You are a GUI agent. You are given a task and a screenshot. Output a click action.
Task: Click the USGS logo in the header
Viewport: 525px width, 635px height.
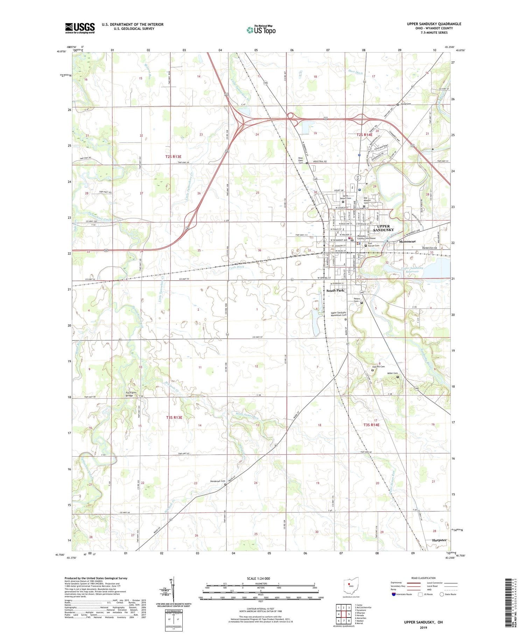(80, 28)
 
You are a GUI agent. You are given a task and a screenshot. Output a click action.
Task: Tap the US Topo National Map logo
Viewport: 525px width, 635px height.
(261, 30)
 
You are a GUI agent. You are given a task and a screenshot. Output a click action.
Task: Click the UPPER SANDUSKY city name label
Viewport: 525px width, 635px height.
(383, 228)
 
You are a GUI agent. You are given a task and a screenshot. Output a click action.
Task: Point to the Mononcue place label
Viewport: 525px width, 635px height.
(407, 242)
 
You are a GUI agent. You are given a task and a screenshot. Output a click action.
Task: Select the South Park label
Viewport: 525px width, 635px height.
(335, 291)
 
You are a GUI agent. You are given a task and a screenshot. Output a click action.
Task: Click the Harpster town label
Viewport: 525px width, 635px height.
(439, 540)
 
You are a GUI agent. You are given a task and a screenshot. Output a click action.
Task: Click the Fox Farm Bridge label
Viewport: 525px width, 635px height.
(132, 394)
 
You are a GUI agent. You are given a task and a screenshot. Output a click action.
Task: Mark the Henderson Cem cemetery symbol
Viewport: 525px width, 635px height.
(225, 485)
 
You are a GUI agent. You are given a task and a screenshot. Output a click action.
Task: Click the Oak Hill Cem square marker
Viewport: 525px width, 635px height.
(372, 370)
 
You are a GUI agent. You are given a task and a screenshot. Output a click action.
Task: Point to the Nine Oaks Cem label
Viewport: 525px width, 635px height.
(301, 160)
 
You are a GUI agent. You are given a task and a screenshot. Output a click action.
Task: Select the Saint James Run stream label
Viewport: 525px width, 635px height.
(247, 416)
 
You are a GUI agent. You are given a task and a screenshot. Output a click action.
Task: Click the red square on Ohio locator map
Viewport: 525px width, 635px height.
(349, 584)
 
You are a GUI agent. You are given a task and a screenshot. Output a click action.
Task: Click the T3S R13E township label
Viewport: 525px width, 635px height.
(174, 417)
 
